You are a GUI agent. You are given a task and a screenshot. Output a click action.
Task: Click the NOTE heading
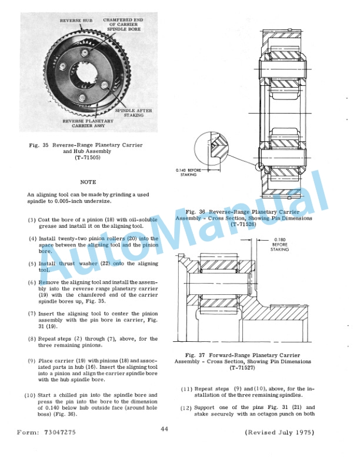click(x=88, y=182)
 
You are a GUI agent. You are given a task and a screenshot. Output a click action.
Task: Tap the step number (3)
click(x=32, y=219)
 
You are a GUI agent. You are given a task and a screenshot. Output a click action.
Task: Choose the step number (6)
click(x=32, y=282)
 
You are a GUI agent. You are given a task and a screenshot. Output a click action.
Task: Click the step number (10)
click(x=31, y=395)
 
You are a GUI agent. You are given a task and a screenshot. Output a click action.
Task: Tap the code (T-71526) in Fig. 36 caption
click(x=243, y=224)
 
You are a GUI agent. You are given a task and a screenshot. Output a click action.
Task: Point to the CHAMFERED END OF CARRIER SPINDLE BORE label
click(x=120, y=26)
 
